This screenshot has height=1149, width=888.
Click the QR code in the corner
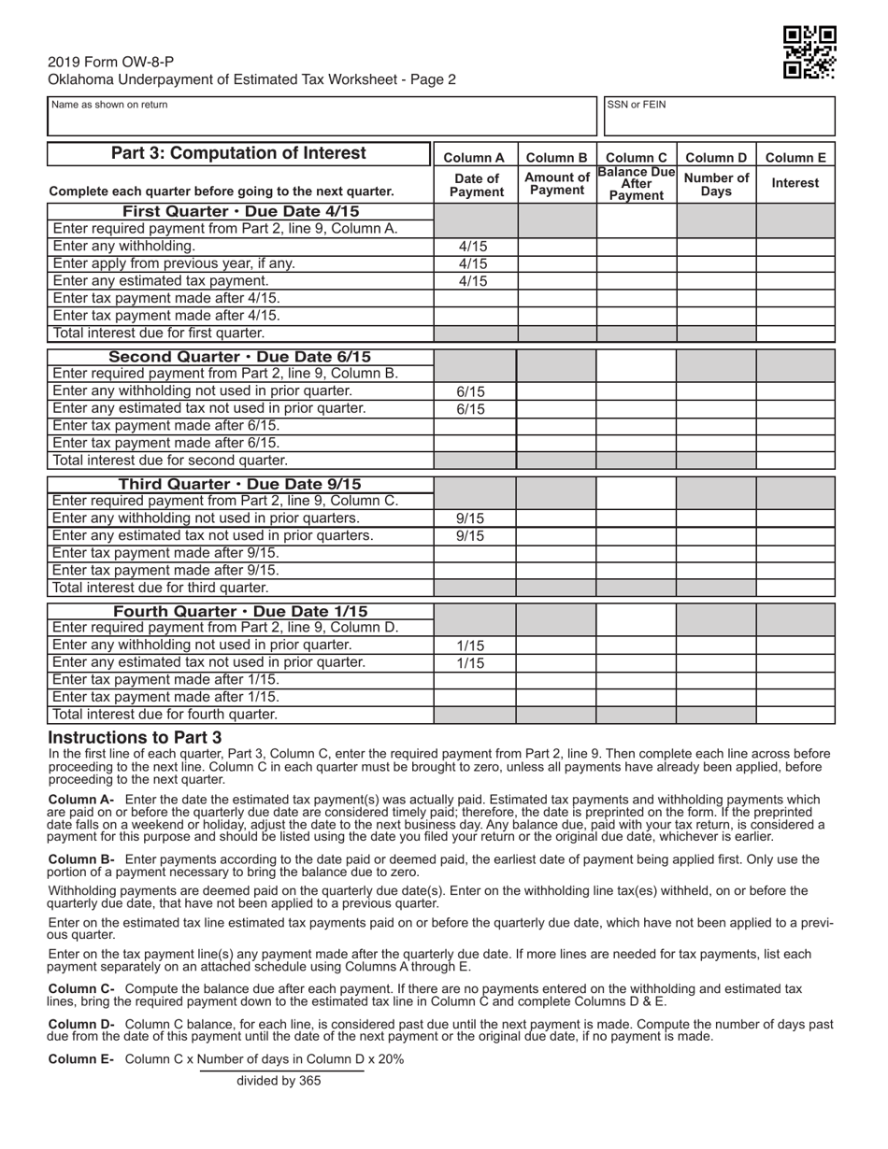pos(809,52)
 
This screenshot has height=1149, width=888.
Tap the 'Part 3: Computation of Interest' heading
pos(238,153)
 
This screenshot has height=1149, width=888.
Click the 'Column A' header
pos(474,158)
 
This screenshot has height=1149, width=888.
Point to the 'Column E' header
pos(795,158)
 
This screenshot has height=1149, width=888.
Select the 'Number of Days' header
pos(716,184)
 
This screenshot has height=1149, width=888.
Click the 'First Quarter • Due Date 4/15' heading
pos(240,211)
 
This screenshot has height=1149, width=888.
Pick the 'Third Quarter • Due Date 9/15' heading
pos(239,484)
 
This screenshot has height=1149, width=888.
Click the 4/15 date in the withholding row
pos(474,247)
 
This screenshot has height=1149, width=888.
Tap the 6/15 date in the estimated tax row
pos(471,409)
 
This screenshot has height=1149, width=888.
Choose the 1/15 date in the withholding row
pos(471,645)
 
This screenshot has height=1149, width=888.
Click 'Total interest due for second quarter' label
pos(170,461)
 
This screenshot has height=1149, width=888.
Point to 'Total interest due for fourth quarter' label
pos(165,715)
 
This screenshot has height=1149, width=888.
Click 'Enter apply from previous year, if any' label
pos(174,263)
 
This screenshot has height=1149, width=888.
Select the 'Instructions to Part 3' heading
pos(135,737)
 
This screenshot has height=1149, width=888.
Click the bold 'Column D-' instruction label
pos(81,1025)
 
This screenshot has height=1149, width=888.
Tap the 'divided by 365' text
pos(279,1081)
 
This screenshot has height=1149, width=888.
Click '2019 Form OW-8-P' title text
pos(111,62)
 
